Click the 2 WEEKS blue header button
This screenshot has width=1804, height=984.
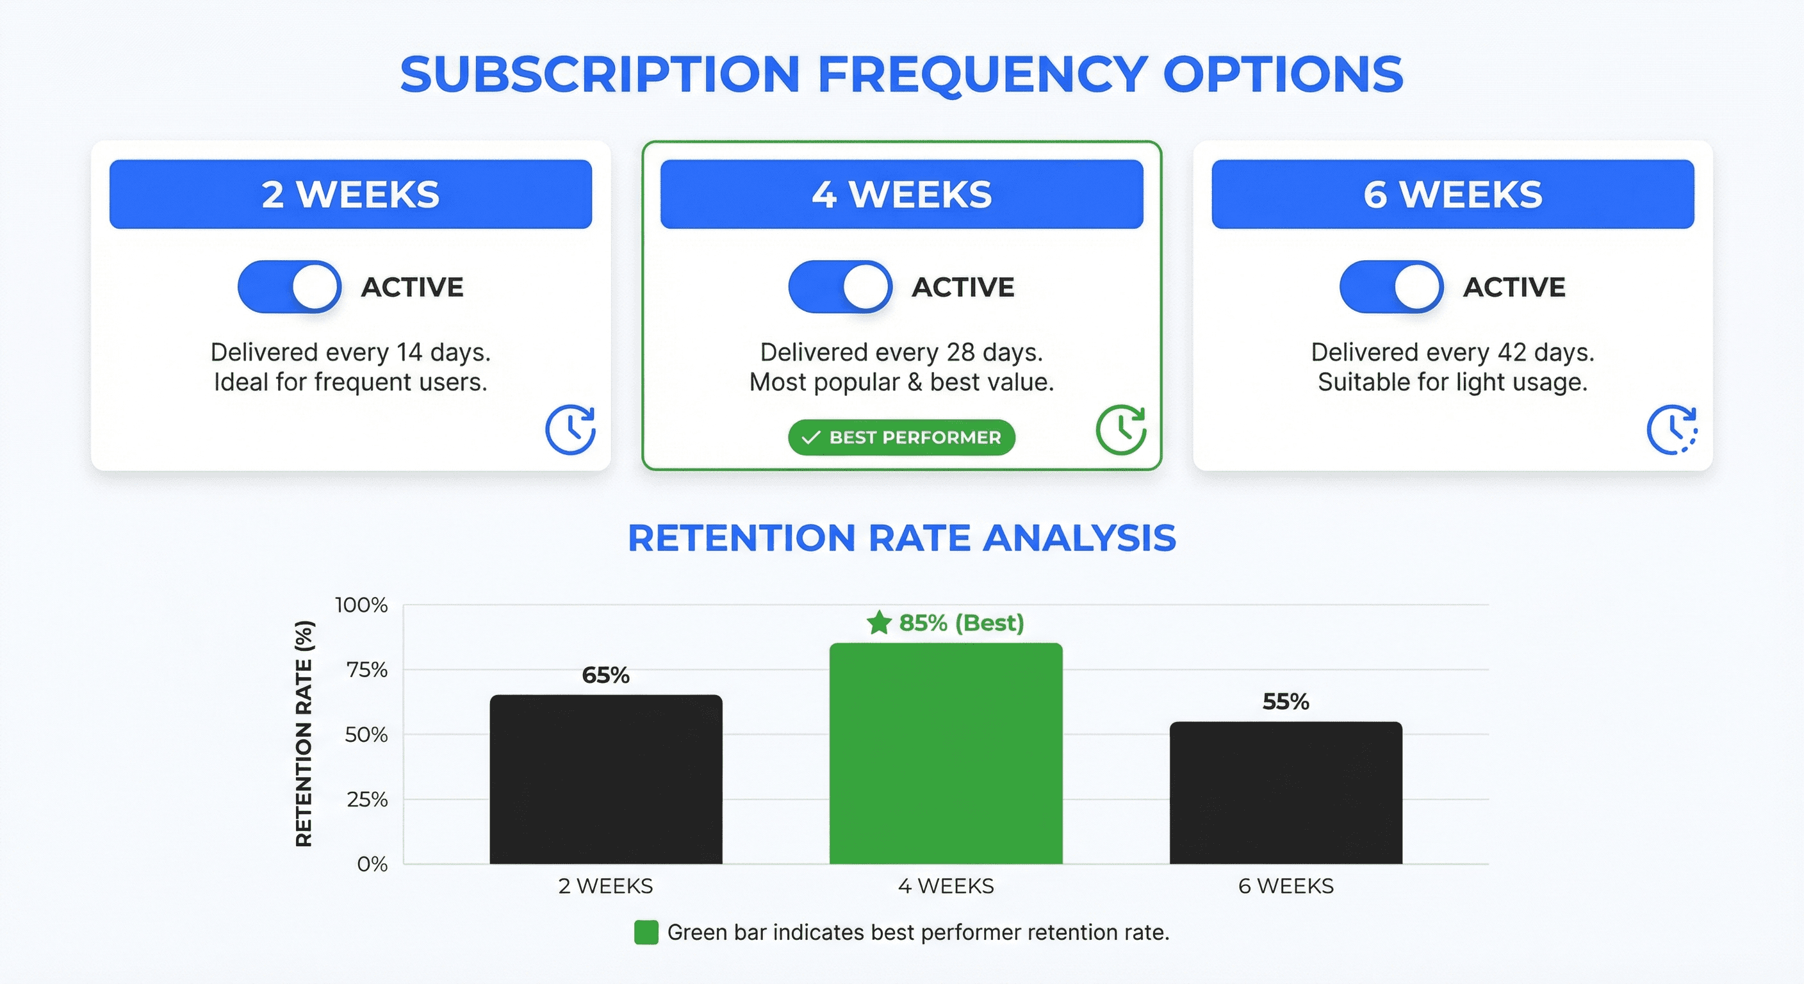pos(350,194)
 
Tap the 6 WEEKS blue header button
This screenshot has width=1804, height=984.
pos(1452,194)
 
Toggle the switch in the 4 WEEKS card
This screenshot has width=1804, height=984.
pos(840,286)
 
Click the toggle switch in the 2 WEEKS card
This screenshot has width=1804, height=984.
pos(289,286)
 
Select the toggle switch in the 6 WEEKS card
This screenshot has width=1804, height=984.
pos(1391,286)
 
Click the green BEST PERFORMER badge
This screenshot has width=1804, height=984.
pos(901,437)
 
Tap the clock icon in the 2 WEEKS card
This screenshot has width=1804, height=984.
pos(570,429)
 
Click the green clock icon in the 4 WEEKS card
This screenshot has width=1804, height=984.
pos(1120,429)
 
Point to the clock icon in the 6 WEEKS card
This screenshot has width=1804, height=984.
pos(1671,429)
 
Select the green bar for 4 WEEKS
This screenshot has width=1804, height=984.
pos(946,753)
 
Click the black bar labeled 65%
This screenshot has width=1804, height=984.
pos(606,780)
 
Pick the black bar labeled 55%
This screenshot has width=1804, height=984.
pos(1286,793)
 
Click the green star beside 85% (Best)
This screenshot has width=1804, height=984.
pos(879,622)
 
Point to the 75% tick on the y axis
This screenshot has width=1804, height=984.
pos(367,669)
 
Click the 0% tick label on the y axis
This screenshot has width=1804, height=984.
pos(372,864)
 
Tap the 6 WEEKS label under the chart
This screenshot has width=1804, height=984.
pos(1286,886)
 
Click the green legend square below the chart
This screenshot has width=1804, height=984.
pos(646,932)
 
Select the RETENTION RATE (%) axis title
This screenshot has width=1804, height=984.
pos(304,734)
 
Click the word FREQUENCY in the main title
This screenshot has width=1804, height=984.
pos(982,74)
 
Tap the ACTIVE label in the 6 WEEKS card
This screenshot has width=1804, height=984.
pos(1514,287)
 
